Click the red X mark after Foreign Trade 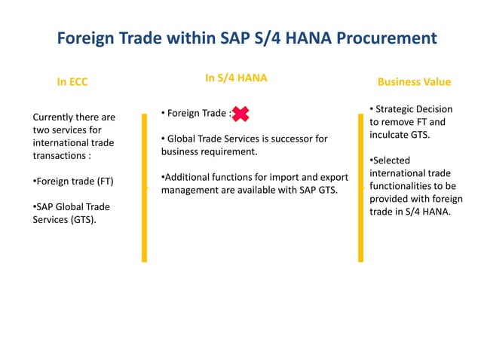click(x=240, y=114)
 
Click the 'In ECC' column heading click(x=72, y=82)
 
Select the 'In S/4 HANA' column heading click(x=236, y=78)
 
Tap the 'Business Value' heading click(x=414, y=81)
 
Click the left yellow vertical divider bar click(x=144, y=188)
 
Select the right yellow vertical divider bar click(x=360, y=188)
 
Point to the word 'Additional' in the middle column click(x=188, y=177)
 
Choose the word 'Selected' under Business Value click(x=391, y=160)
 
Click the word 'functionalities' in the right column click(x=404, y=186)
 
